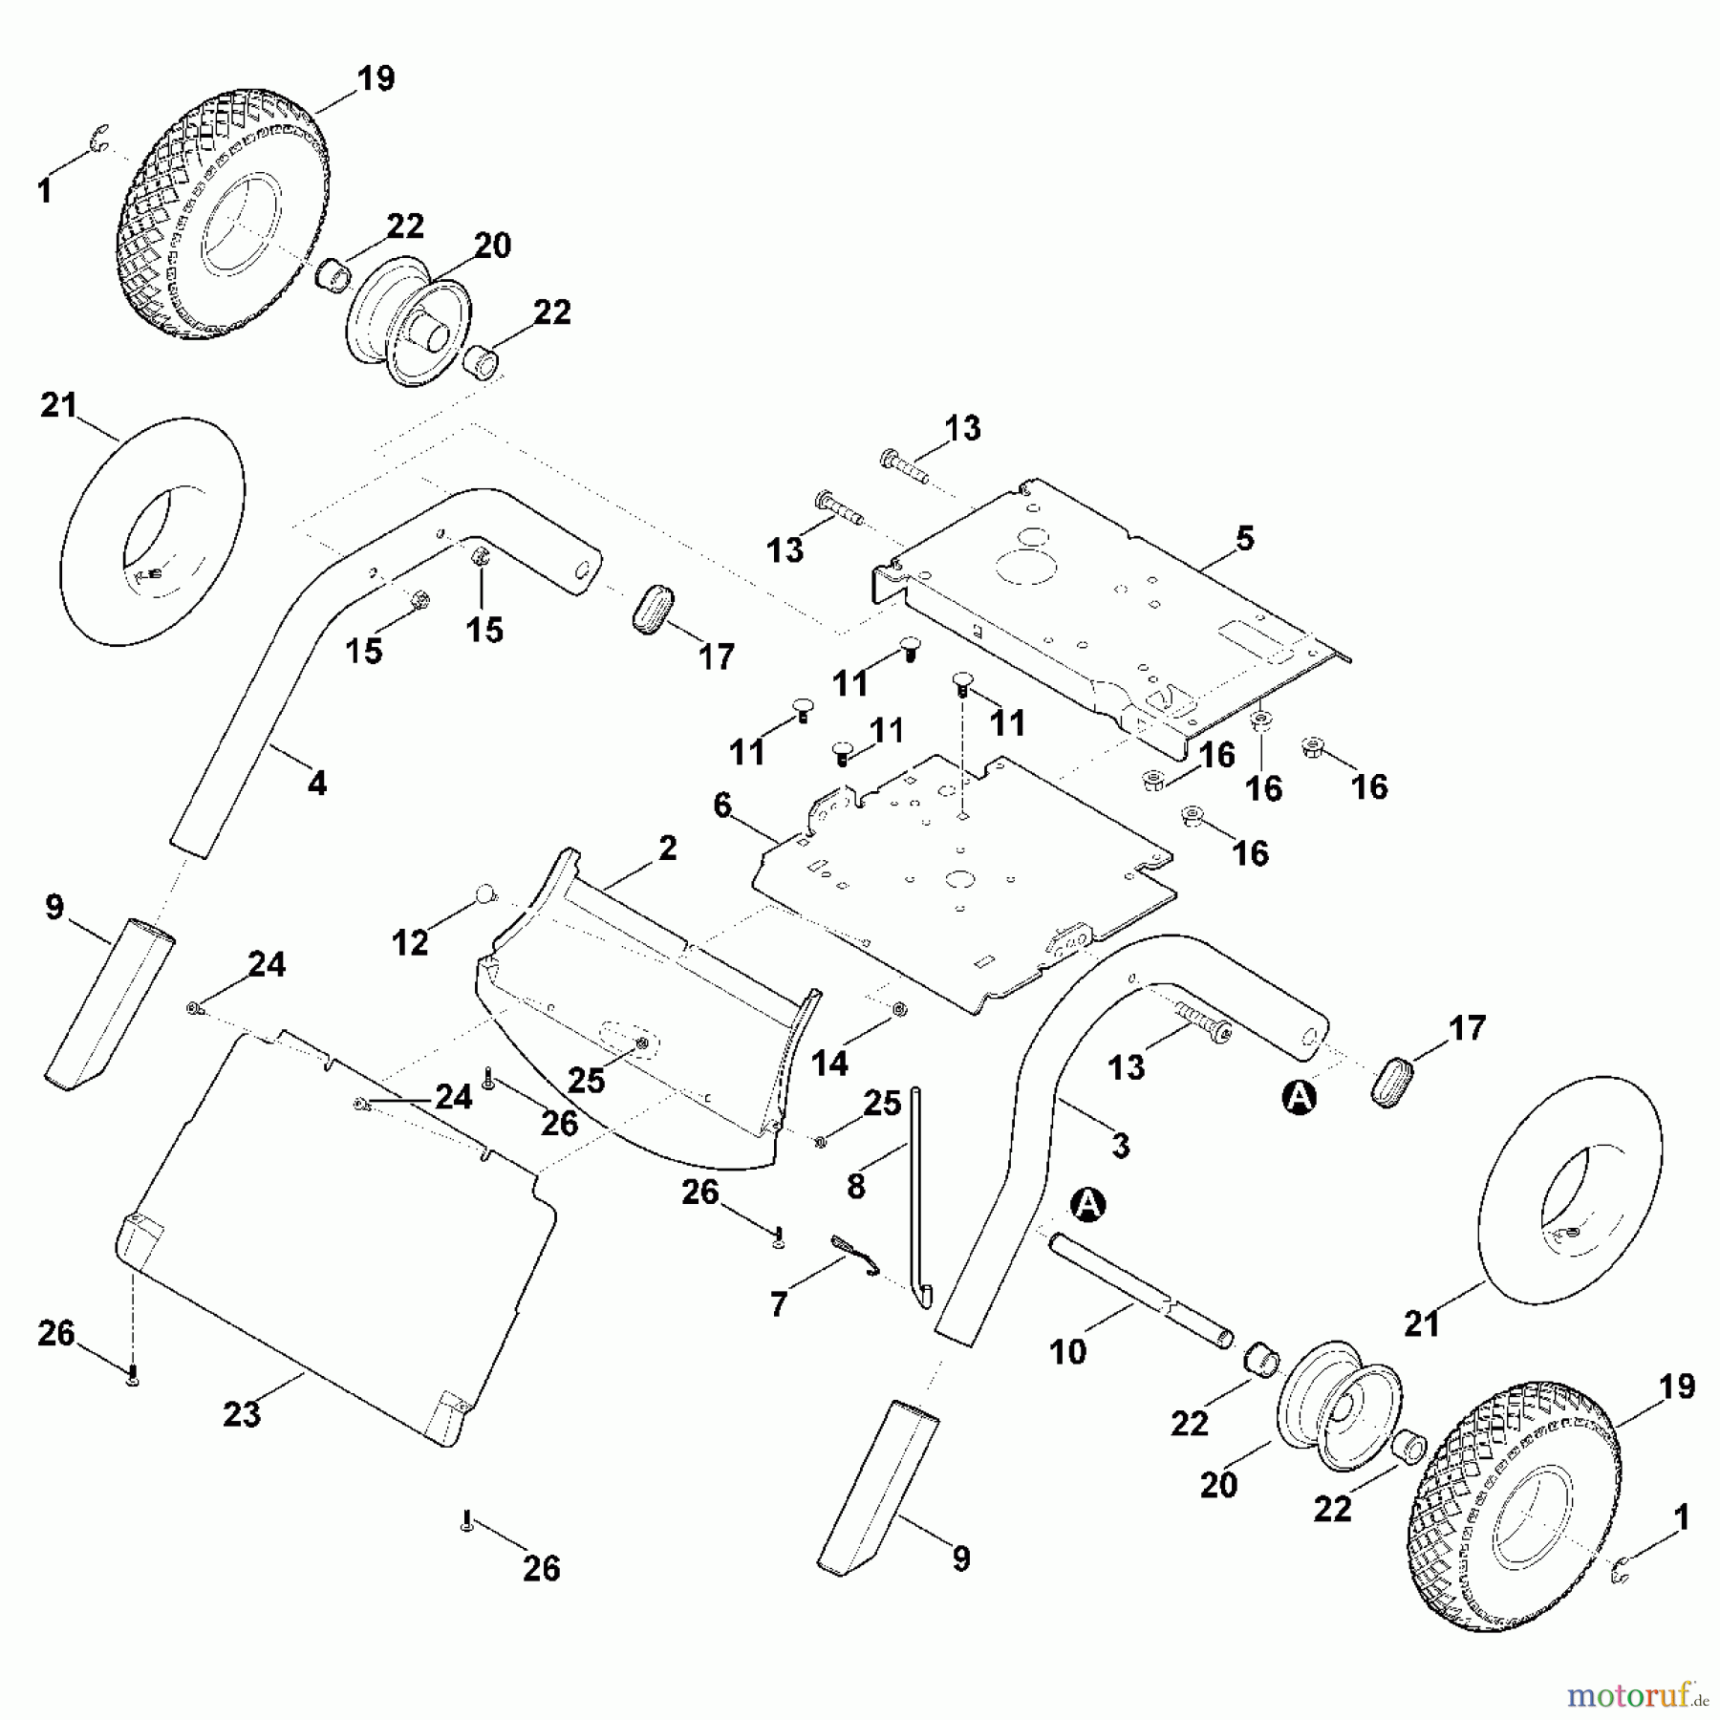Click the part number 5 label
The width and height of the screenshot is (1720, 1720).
pos(1244,538)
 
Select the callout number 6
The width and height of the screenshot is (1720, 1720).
pos(722,806)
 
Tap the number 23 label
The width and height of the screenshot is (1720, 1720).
pos(242,1413)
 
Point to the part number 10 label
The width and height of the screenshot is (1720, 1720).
pos(1067,1351)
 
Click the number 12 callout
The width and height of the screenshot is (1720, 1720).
pos(410,943)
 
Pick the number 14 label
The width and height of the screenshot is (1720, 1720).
pos(828,1063)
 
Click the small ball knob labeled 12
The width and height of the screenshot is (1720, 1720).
pos(485,894)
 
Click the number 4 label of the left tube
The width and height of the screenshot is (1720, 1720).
pos(317,784)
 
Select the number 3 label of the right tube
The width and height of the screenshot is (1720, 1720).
pos(1120,1144)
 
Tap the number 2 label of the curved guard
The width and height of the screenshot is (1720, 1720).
pos(667,848)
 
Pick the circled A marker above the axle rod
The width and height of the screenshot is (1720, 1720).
pos(1086,1205)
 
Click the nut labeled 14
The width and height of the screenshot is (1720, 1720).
pos(898,1009)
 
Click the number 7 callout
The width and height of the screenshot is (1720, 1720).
pos(779,1304)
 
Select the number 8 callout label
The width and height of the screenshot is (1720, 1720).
pos(855,1186)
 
